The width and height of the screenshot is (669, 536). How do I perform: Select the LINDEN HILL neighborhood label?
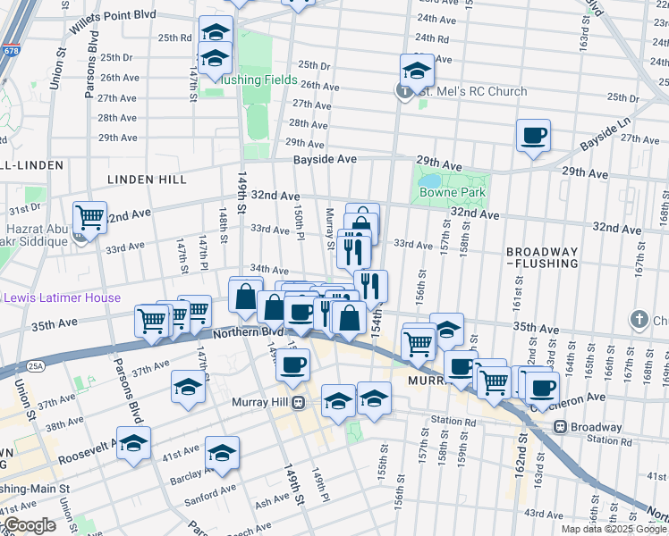coord(143,180)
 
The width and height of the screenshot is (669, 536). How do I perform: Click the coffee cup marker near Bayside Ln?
coord(533,136)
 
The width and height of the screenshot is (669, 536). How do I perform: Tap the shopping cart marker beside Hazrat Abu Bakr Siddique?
coord(89,216)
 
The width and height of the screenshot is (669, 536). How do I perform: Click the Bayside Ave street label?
coord(326,159)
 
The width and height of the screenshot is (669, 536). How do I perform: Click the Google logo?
coord(29,525)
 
